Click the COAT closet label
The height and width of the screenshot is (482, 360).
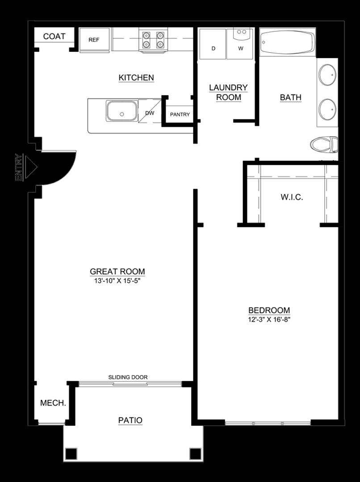54,36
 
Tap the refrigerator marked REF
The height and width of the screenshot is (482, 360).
94,40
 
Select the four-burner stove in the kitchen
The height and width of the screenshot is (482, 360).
153,39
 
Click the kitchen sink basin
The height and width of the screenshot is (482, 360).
121,110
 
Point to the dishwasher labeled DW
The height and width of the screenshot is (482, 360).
150,113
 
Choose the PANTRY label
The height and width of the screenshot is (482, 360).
180,114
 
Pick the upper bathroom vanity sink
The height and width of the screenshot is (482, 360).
327,75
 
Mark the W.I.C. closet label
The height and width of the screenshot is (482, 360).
292,197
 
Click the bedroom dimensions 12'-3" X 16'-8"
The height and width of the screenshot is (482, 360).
269,320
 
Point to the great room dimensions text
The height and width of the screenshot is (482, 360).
117,281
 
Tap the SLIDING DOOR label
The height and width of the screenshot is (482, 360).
128,377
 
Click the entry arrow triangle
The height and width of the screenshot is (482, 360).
30,167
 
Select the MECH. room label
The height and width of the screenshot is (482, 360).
53,403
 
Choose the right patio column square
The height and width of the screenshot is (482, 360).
195,453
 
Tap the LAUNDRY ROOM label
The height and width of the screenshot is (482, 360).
228,92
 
